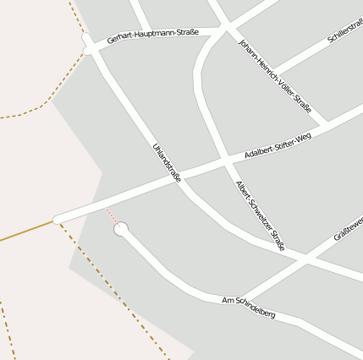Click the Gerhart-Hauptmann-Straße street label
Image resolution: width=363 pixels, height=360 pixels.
tap(153, 36)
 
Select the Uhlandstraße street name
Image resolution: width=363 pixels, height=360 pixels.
tap(167, 162)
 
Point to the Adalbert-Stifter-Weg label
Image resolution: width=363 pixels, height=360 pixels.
tap(278, 144)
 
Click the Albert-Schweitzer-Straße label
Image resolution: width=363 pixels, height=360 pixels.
tap(260, 215)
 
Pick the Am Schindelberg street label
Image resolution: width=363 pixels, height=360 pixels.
tap(248, 307)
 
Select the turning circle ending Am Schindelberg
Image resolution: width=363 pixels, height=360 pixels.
tap(121, 229)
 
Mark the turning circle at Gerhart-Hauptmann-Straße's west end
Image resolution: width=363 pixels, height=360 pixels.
tap(86, 38)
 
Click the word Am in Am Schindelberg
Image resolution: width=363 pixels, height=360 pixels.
tap(227, 300)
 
